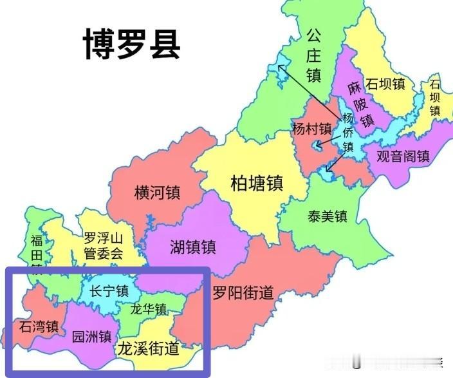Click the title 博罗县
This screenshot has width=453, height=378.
point(132,44)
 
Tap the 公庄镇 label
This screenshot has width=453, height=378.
point(313,55)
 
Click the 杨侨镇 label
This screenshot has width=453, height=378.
point(348,133)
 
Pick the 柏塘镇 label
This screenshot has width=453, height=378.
point(257,184)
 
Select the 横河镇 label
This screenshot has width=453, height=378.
point(157,193)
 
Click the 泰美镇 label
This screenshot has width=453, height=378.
point(328,216)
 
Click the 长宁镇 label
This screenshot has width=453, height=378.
point(109,290)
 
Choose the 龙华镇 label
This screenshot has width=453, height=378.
point(149,309)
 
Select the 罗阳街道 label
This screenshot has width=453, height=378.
point(243,293)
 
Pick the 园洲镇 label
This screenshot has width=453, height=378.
point(91,336)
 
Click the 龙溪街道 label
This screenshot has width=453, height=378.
point(147,349)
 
